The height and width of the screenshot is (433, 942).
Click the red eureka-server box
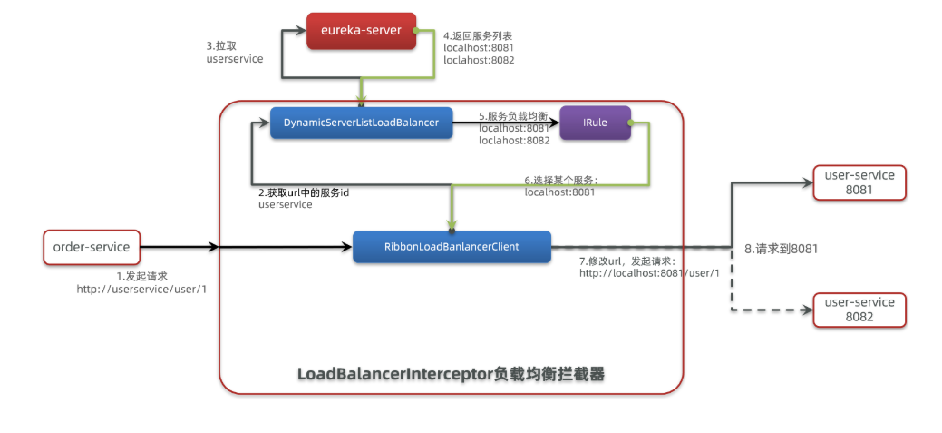click(x=361, y=30)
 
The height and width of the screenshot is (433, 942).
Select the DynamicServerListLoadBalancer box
click(x=361, y=123)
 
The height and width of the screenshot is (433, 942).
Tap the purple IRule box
click(x=595, y=123)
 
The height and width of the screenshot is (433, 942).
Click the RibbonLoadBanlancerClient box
click(x=452, y=246)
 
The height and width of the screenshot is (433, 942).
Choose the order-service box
click(x=92, y=247)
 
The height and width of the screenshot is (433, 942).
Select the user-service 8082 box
click(x=859, y=310)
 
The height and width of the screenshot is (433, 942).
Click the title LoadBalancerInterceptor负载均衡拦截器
click(x=451, y=373)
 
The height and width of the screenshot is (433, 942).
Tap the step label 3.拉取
click(x=223, y=44)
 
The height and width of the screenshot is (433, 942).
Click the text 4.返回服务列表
click(x=479, y=35)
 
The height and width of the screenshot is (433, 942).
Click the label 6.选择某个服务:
click(x=561, y=180)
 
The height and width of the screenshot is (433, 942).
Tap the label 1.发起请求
click(x=142, y=275)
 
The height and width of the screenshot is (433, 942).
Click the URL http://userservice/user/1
click(x=141, y=289)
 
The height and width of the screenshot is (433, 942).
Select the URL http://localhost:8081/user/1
click(x=649, y=273)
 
